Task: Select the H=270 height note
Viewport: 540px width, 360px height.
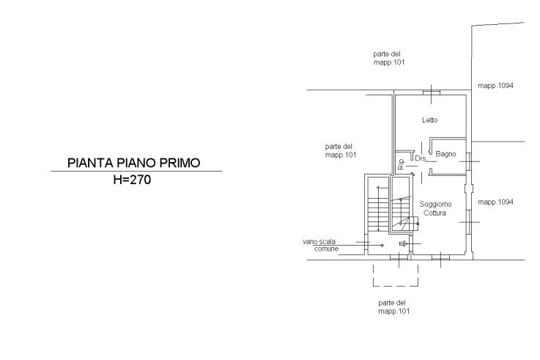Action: point(133,181)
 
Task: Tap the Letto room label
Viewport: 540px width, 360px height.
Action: point(429,120)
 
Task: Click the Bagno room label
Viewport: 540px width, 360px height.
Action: point(446,154)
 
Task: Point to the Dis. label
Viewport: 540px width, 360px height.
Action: point(421,158)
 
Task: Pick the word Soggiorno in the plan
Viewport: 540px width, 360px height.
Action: point(436,204)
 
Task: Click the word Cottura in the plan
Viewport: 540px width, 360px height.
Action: point(435,213)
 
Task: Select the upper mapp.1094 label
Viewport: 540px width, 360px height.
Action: point(495,86)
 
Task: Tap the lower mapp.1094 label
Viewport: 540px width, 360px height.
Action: point(495,202)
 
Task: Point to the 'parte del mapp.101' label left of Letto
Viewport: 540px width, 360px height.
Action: point(340,150)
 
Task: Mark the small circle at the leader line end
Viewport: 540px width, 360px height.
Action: point(380,245)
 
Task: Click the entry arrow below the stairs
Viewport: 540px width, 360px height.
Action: point(404,244)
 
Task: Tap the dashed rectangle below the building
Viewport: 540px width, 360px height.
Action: point(396,275)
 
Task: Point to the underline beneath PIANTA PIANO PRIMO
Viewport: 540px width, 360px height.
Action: point(136,172)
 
